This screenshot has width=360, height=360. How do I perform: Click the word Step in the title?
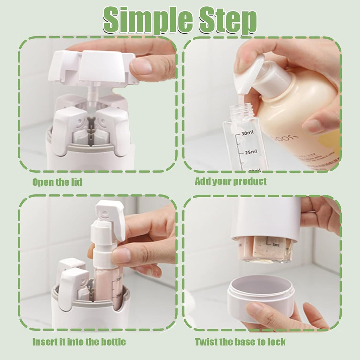pos(225,20)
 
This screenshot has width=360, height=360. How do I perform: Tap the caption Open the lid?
pos(57,182)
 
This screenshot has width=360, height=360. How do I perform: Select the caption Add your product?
pos(231,181)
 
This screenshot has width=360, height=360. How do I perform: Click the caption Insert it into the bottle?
pos(79,342)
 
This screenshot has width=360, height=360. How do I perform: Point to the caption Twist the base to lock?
pos(240,342)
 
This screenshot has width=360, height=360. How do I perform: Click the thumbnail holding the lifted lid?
pos(141,66)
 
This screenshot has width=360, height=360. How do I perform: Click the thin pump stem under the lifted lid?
pos(92,95)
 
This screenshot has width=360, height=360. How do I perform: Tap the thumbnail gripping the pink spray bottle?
pos(122,256)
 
